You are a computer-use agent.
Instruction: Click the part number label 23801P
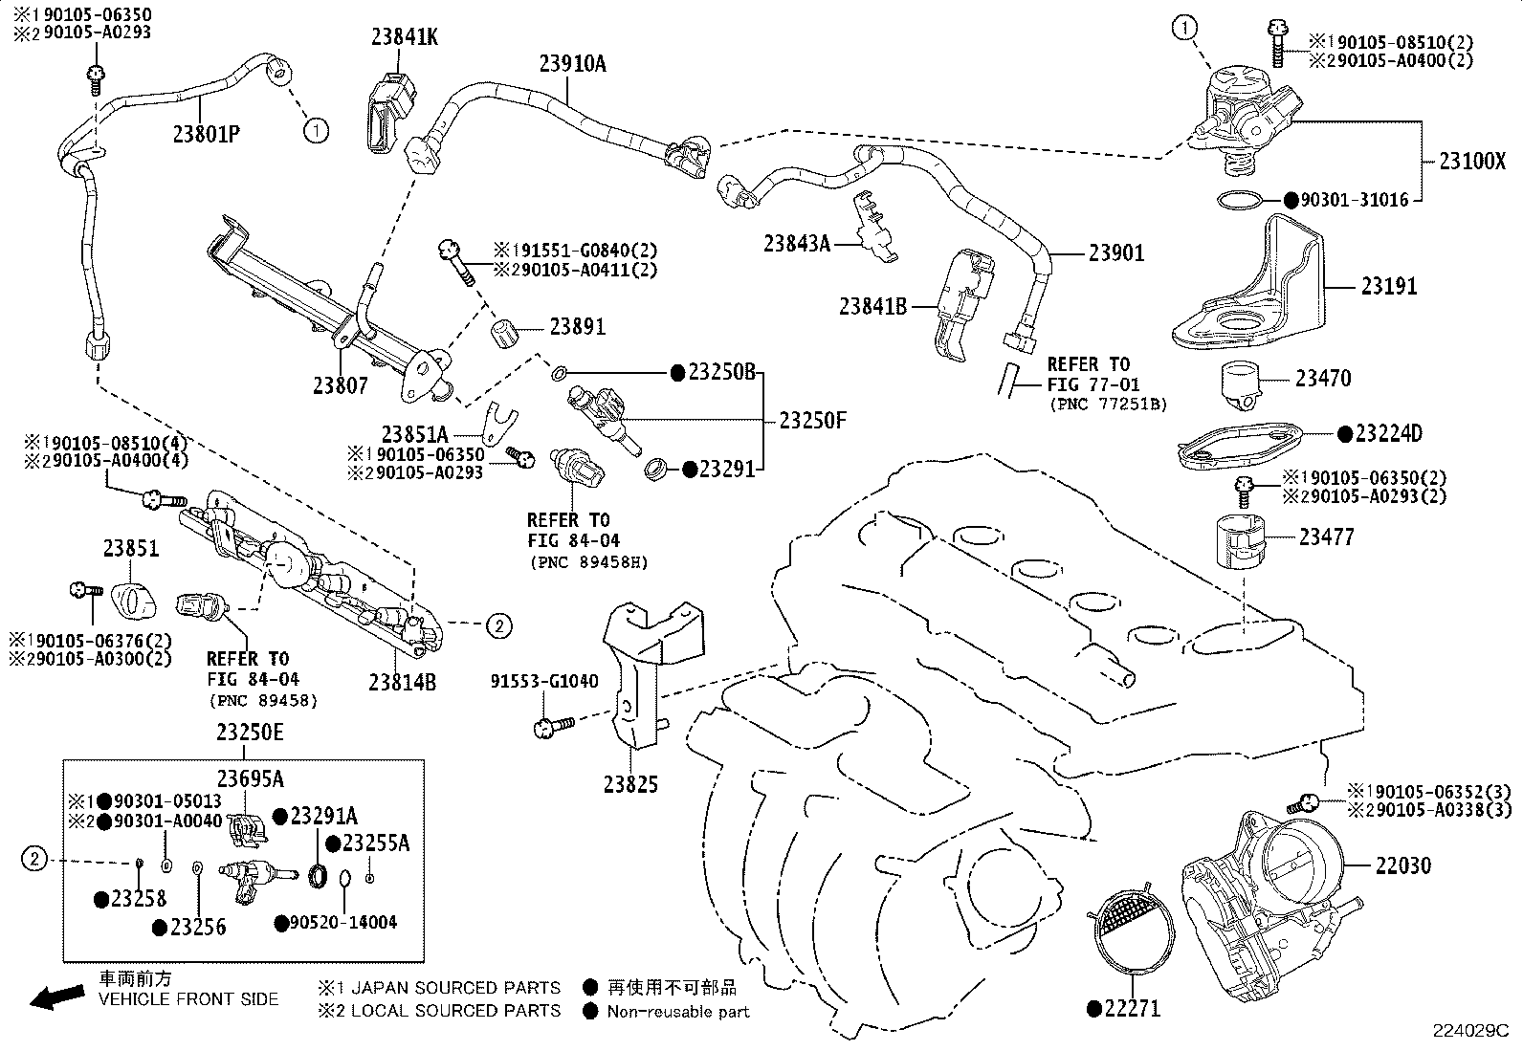(206, 134)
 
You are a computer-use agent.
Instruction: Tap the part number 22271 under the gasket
(1132, 1008)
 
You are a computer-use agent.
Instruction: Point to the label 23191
(1389, 286)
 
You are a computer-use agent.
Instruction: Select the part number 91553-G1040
(544, 682)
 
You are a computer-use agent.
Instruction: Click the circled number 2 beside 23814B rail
(499, 625)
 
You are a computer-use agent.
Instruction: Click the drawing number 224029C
(1469, 1031)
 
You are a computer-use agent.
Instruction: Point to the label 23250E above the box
(250, 733)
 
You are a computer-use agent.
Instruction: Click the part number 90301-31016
(1354, 201)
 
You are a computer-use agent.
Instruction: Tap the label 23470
(1323, 378)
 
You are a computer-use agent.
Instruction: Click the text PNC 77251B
(1108, 405)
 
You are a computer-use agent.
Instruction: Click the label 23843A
(796, 243)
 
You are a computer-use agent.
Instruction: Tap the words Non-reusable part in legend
(678, 1011)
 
